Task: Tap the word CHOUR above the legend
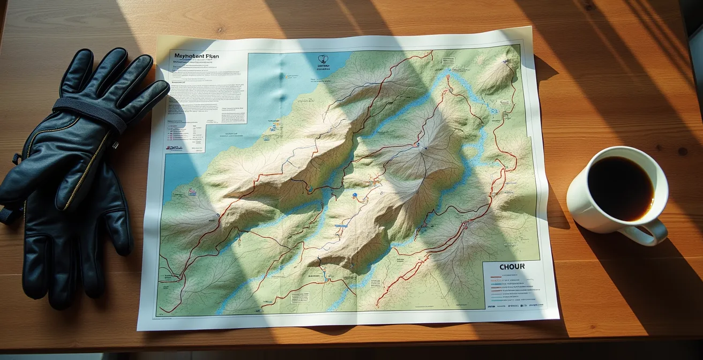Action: [512, 267]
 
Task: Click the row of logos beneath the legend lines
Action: [514, 306]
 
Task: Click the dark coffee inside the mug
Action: [620, 188]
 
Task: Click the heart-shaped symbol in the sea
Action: [323, 59]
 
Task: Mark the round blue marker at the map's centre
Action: [354, 196]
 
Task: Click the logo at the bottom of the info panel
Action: [175, 148]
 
